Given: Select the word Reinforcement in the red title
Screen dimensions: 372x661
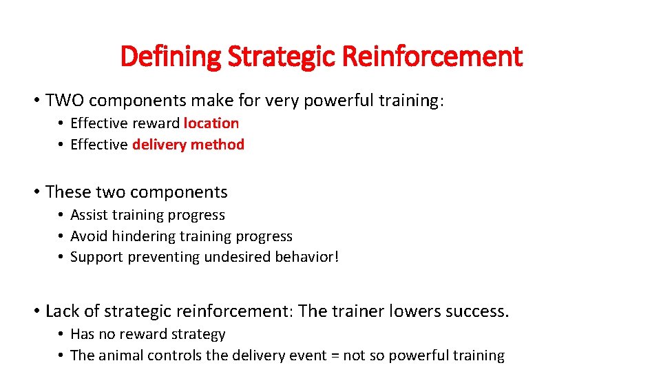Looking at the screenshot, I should (432, 56).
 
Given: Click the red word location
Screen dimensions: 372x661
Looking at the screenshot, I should (211, 123).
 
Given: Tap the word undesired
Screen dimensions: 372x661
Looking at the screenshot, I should (245, 257).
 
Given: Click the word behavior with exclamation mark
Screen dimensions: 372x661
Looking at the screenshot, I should (308, 257).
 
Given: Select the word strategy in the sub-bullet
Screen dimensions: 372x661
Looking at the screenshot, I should (200, 334).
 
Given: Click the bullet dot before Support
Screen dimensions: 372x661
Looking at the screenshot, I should (61, 258).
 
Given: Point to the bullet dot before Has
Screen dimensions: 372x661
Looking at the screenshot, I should (61, 335).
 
